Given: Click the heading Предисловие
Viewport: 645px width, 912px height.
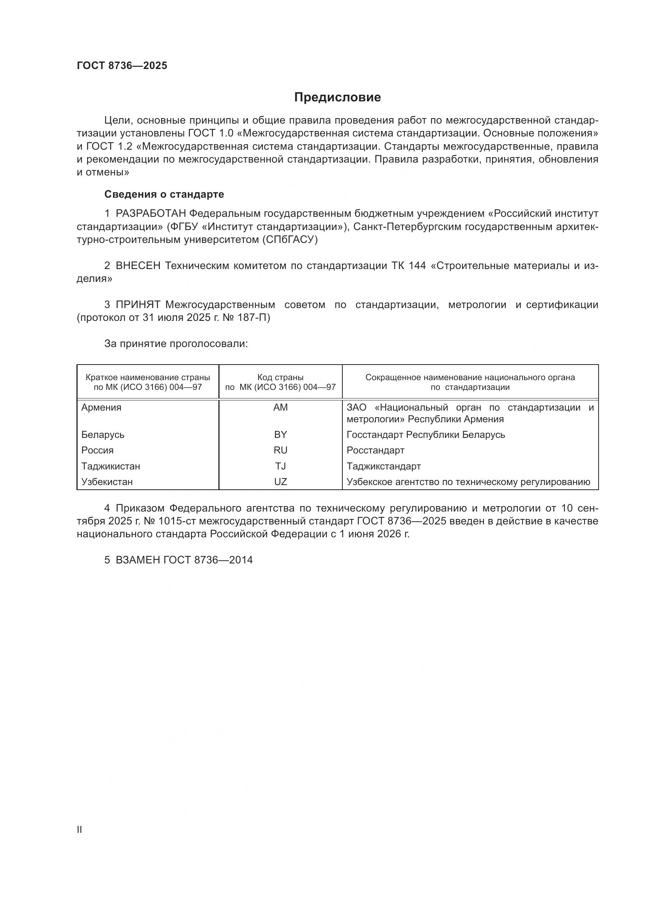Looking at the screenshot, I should pyautogui.click(x=337, y=97).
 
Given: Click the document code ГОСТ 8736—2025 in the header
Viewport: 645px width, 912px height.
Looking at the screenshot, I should pyautogui.click(x=122, y=66).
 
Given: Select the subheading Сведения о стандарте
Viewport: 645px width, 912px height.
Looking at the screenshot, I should pyautogui.click(x=164, y=194).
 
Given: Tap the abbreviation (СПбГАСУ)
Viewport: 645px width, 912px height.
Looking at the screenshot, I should pyautogui.click(x=289, y=240).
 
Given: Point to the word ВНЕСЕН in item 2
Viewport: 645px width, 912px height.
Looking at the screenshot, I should pyautogui.click(x=138, y=266).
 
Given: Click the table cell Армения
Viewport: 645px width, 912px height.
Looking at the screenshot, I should pyautogui.click(x=101, y=407).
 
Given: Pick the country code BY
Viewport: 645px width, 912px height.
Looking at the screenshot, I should pyautogui.click(x=280, y=434).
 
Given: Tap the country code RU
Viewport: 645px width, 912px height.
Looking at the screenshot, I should pyautogui.click(x=280, y=450).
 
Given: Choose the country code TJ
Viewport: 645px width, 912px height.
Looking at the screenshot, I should pyautogui.click(x=280, y=466).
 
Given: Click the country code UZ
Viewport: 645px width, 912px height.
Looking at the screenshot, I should pyautogui.click(x=280, y=482).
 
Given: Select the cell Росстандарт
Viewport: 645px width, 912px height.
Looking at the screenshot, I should pyautogui.click(x=375, y=450).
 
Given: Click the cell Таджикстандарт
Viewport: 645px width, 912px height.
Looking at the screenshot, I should pyautogui.click(x=383, y=466).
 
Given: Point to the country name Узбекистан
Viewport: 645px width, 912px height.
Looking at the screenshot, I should pyautogui.click(x=107, y=482).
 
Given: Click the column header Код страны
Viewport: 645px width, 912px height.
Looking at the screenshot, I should pyautogui.click(x=280, y=377).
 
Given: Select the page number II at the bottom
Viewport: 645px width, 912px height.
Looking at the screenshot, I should pyautogui.click(x=80, y=830).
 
